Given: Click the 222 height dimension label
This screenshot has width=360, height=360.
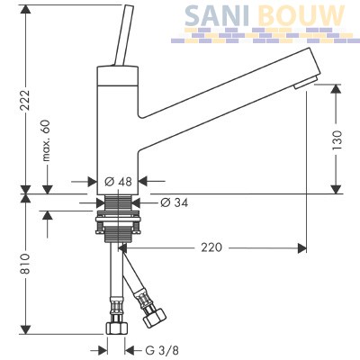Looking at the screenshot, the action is tap(26, 100).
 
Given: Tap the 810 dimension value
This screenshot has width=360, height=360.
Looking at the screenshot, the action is tap(26, 264).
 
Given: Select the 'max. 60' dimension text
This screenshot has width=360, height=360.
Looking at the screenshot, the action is tap(46, 140).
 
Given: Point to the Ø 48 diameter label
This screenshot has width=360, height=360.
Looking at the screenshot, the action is tap(118, 182).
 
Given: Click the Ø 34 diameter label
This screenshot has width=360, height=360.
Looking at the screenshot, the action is tap(174, 202).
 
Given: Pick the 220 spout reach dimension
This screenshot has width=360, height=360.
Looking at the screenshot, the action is tap(211, 247).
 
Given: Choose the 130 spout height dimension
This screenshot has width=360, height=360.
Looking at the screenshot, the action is tap(337, 140).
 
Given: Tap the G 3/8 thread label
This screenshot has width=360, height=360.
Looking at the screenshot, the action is tap(162, 350).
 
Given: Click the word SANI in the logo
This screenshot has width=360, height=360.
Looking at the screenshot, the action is tap(217, 15).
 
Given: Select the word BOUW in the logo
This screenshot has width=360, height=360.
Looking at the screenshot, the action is tap(301, 15).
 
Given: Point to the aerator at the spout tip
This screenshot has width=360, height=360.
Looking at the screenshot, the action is tap(305, 83).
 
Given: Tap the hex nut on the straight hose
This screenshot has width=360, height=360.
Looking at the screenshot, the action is tap(116, 328).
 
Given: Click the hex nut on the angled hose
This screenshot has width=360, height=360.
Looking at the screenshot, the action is tap(155, 317).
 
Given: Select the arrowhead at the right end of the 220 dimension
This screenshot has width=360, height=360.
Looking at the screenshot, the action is tap(301, 247).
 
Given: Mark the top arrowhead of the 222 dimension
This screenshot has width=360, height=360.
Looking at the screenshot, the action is tap(26, 9).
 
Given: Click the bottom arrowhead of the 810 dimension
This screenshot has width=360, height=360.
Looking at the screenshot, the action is tap(26, 329).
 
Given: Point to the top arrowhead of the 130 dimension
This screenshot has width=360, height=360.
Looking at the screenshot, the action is tap(337, 89).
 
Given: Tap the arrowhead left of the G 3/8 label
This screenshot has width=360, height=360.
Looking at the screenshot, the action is tap(103, 350).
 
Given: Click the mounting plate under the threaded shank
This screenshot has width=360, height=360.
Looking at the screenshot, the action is tap(118, 220).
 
